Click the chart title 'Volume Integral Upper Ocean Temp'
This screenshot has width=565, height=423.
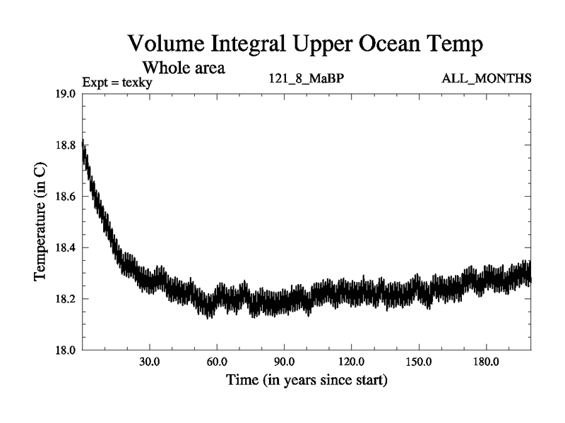[306, 44]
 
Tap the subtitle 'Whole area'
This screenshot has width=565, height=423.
[184, 68]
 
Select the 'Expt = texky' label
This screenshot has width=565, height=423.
[117, 82]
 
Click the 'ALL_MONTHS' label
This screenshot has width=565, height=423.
[486, 78]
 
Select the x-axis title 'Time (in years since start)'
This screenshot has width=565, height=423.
[307, 381]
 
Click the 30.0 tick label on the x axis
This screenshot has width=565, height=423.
[149, 362]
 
